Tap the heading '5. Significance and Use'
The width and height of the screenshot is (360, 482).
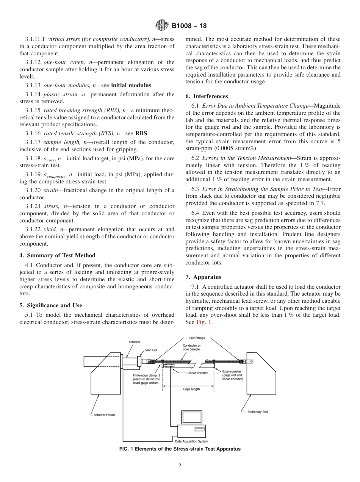pyautogui.click(x=51, y=305)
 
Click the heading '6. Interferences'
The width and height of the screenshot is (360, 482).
pyautogui.click(x=207, y=96)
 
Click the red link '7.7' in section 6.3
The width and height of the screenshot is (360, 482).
pyautogui.click(x=320, y=203)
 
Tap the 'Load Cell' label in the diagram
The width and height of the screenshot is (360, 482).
pyautogui.click(x=151, y=350)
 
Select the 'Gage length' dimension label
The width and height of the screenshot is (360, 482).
pyautogui.click(x=191, y=389)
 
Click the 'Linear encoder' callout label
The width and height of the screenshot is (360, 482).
pyautogui.click(x=198, y=373)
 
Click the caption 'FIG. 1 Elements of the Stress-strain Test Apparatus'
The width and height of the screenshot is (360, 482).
pyautogui.click(x=180, y=449)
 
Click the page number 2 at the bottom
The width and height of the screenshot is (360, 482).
pyautogui.click(x=180, y=466)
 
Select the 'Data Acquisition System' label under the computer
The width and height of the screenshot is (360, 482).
pyautogui.click(x=191, y=441)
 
